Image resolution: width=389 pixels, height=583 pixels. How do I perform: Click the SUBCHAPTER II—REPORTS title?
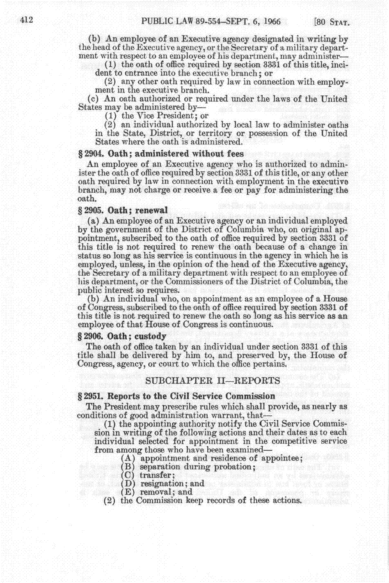[x=213, y=381]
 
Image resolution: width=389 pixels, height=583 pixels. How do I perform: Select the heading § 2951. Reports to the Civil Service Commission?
[x=176, y=396]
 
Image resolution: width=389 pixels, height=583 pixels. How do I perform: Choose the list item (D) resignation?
[x=163, y=484]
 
